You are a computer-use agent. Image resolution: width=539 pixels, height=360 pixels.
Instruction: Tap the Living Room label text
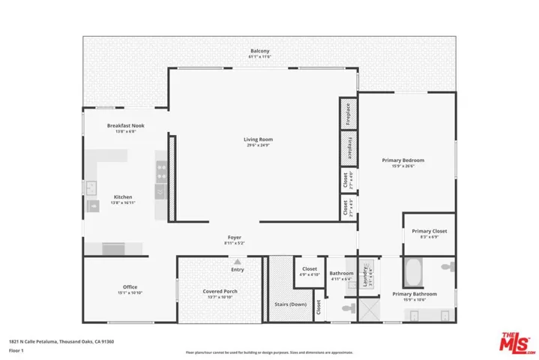click(x=258, y=139)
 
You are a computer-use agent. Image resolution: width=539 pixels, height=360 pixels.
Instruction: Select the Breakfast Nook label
click(x=125, y=125)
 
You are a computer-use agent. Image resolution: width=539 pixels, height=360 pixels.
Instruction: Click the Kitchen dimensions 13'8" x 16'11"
click(x=122, y=203)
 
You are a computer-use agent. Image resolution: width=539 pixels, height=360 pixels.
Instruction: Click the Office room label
click(x=130, y=286)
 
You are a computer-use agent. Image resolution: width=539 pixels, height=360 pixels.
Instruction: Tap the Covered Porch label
click(x=220, y=291)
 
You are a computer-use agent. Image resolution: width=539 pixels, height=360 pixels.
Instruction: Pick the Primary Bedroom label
click(x=403, y=160)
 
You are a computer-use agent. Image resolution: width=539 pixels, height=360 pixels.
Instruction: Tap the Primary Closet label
click(x=430, y=231)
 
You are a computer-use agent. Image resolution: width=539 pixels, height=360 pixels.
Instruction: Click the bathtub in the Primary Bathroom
click(x=413, y=269)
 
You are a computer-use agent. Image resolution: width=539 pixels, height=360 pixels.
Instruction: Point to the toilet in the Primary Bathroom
click(x=448, y=266)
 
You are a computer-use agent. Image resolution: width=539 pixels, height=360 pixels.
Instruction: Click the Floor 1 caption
click(x=16, y=349)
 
